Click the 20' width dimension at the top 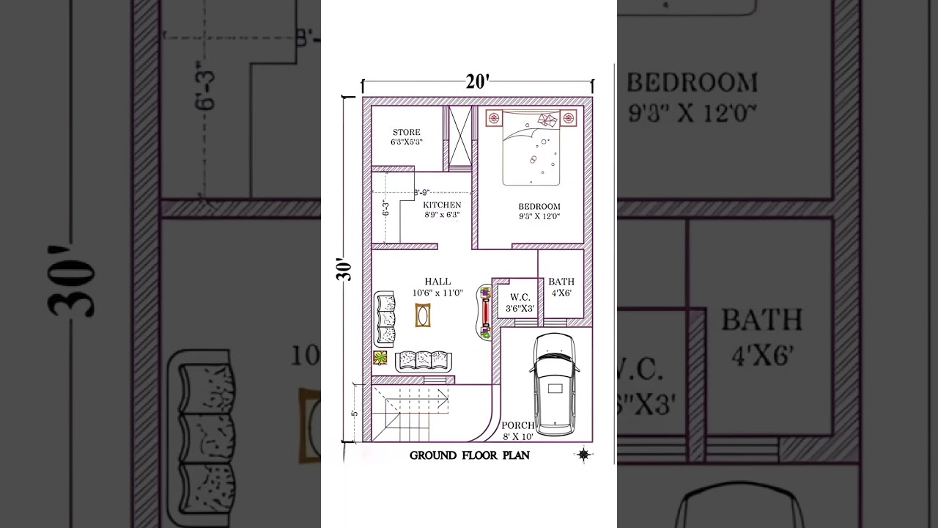click(x=477, y=82)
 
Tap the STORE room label click(x=406, y=133)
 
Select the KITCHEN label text click(x=442, y=205)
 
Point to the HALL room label click(x=437, y=282)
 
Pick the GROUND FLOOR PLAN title click(x=469, y=455)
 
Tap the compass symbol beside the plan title click(x=583, y=455)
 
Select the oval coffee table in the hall click(x=423, y=315)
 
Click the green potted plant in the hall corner click(x=380, y=358)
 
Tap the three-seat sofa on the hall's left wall click(x=385, y=319)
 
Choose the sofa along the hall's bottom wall click(x=424, y=361)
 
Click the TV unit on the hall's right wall click(x=485, y=312)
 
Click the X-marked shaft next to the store click(x=459, y=138)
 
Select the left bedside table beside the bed click(x=493, y=118)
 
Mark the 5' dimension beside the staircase click(x=355, y=413)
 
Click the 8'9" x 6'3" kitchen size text click(x=442, y=215)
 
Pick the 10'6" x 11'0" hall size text click(x=437, y=293)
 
